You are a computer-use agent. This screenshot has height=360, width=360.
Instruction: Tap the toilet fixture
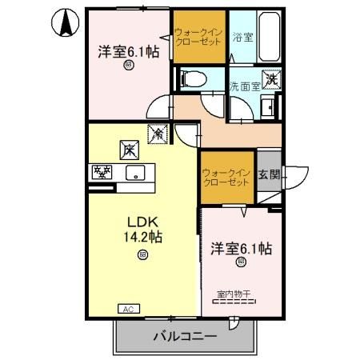[191, 78]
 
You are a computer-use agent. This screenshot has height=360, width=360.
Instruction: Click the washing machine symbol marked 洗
[272, 78]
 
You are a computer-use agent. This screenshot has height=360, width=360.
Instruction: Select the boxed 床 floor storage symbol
[128, 149]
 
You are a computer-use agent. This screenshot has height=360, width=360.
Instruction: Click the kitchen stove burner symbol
[102, 171]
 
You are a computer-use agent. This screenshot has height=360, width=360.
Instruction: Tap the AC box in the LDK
[128, 308]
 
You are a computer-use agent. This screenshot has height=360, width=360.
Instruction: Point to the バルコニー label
[185, 337]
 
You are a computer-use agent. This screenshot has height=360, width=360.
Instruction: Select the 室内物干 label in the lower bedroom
[234, 295]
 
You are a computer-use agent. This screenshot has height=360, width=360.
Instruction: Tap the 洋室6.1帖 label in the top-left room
[128, 51]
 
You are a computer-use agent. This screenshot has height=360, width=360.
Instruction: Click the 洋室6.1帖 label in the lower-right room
[241, 248]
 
